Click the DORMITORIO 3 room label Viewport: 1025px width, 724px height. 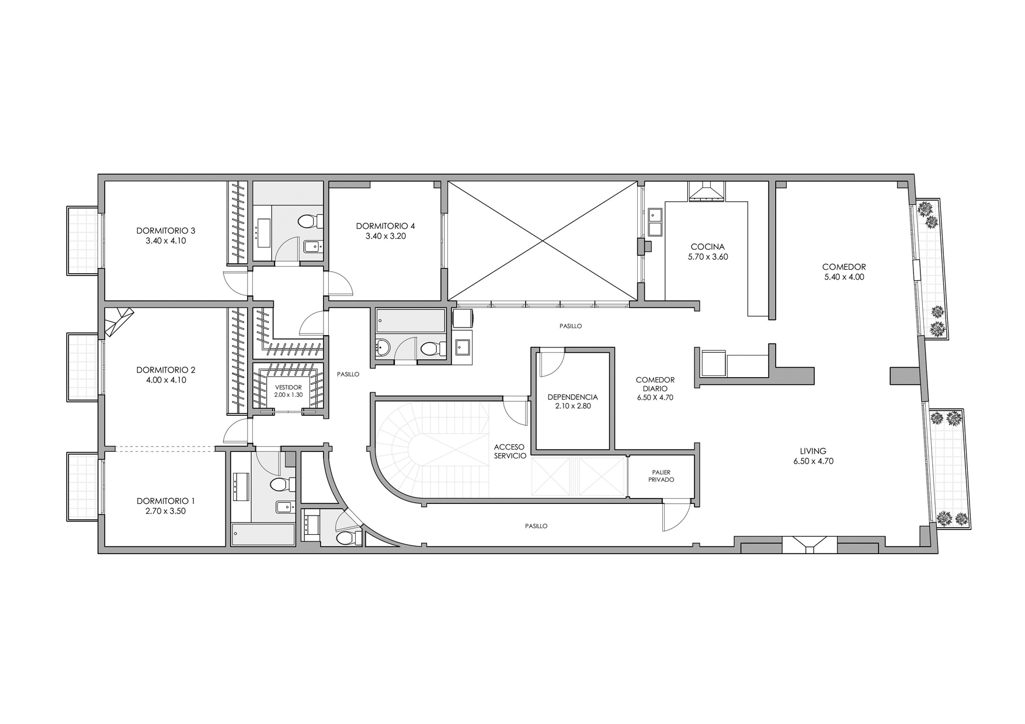point(165,231)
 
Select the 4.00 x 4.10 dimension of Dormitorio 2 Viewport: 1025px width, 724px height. point(165,380)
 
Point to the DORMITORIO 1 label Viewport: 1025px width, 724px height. point(165,501)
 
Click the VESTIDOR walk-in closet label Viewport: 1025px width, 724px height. point(288,387)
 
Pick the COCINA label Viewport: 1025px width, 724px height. point(707,247)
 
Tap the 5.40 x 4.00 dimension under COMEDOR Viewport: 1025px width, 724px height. point(844,277)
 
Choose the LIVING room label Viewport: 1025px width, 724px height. point(813,451)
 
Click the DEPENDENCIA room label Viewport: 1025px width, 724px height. point(572,397)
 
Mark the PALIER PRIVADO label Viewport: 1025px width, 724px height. point(661,476)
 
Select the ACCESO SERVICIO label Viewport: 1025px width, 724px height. point(510,451)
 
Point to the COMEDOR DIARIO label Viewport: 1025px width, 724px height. point(655,384)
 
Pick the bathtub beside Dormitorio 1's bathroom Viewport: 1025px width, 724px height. point(263,534)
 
